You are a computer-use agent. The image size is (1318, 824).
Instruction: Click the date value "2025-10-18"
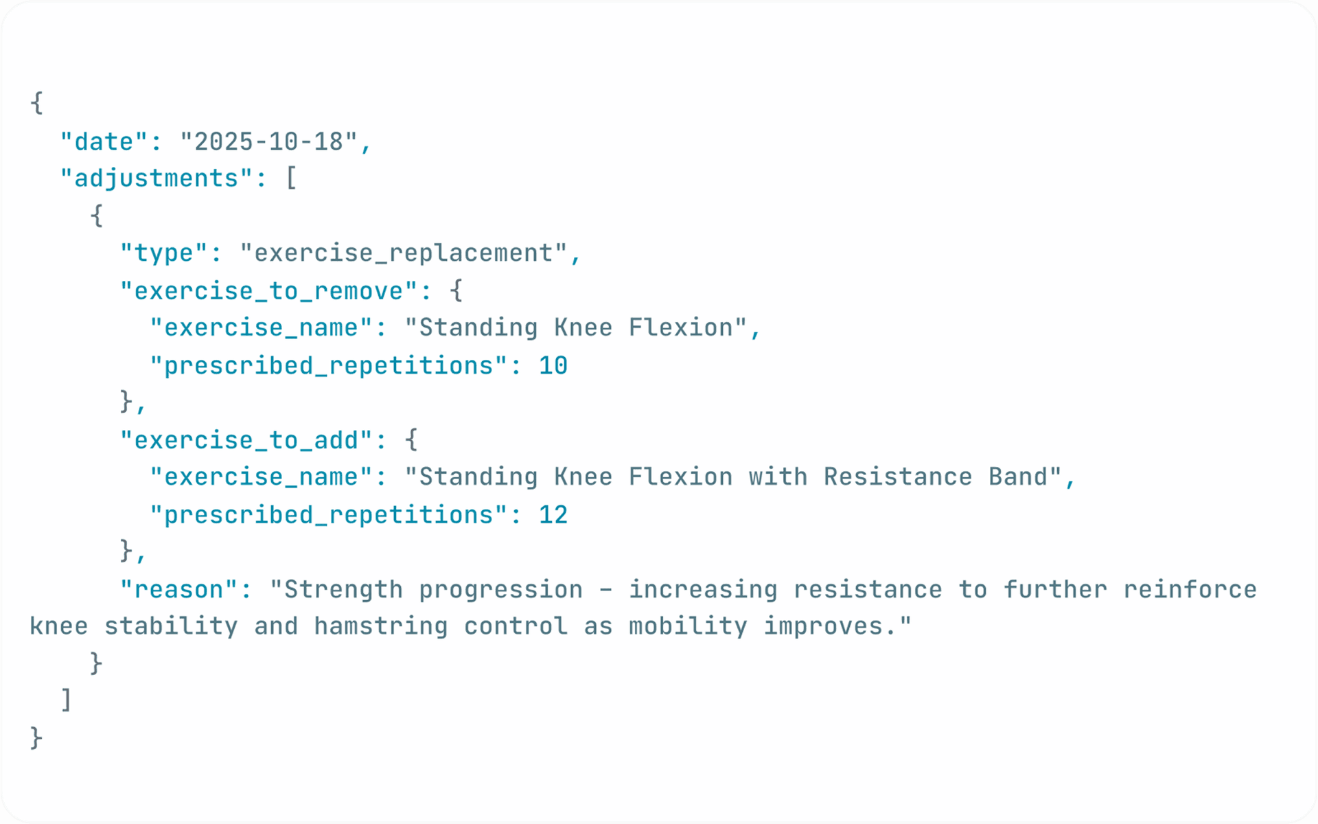click(268, 142)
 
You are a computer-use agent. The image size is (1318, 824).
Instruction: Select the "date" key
click(104, 142)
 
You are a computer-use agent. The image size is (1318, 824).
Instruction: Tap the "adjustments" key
click(157, 179)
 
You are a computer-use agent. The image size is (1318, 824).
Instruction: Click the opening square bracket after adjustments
click(291, 179)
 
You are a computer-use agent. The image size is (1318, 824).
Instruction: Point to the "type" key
click(163, 253)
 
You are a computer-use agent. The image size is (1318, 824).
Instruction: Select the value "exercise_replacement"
click(404, 253)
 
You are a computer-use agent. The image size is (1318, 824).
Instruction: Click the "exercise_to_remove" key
click(268, 291)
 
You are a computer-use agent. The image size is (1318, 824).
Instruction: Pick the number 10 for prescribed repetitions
click(553, 366)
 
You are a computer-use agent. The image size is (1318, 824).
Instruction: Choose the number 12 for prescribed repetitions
click(553, 515)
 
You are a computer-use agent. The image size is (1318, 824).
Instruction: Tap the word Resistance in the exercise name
click(898, 477)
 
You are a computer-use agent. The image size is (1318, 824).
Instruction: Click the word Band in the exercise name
click(1018, 477)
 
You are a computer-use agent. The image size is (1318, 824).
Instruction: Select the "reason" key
click(178, 590)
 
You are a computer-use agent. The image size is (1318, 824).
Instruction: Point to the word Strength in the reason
click(343, 590)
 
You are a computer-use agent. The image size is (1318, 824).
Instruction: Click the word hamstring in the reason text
click(381, 626)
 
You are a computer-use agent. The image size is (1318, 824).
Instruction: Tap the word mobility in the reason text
click(688, 626)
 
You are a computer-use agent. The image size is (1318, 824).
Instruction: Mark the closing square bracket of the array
click(66, 700)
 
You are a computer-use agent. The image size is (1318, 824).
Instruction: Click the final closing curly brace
click(36, 738)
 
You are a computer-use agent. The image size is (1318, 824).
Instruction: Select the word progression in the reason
click(500, 590)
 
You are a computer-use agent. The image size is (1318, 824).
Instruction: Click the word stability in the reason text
click(171, 626)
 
